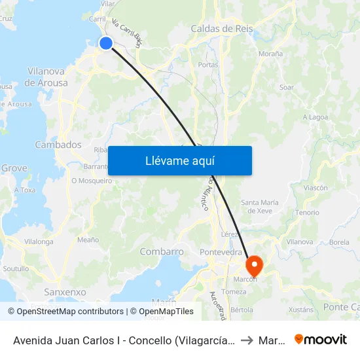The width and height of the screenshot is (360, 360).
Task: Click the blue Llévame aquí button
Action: tap(179, 160)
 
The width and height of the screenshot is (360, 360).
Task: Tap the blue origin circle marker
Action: tap(105, 43)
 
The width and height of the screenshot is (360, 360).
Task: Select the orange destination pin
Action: tap(254, 265)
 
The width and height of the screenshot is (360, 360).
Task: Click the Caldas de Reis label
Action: tap(221, 29)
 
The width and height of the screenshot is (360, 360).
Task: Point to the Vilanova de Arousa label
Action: tap(46, 77)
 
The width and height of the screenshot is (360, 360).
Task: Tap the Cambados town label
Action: tap(58, 145)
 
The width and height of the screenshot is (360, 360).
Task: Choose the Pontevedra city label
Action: tap(221, 252)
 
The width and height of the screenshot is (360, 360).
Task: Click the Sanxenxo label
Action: tap(65, 292)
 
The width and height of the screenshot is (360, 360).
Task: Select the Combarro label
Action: tap(162, 252)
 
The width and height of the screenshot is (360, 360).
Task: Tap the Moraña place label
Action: tap(270, 54)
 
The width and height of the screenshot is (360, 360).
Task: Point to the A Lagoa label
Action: tap(315, 117)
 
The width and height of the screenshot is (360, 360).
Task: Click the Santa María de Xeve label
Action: tap(265, 207)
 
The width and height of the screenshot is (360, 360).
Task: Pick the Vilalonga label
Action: tap(39, 242)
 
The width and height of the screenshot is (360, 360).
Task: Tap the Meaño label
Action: tap(88, 240)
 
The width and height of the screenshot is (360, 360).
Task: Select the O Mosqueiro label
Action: tap(92, 181)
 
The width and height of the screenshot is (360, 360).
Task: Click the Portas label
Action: tap(208, 65)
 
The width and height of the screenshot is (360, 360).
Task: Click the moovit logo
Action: tap(320, 340)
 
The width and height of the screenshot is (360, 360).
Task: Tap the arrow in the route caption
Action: tap(246, 340)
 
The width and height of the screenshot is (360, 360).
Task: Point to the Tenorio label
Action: tap(307, 213)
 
